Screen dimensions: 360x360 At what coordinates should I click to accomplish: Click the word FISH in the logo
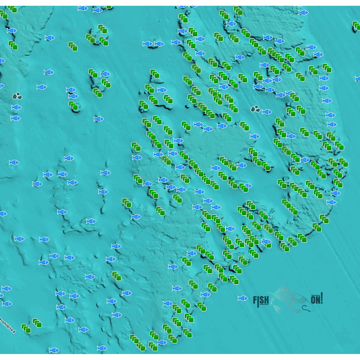click(x=261, y=300)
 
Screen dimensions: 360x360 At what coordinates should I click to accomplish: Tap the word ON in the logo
click(x=315, y=299)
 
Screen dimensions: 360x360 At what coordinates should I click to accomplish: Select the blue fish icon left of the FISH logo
click(x=243, y=298)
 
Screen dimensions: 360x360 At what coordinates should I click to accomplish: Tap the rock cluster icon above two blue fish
click(x=17, y=96)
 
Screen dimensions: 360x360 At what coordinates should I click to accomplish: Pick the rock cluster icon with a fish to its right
click(x=255, y=109)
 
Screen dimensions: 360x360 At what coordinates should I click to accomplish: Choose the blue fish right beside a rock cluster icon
click(x=267, y=112)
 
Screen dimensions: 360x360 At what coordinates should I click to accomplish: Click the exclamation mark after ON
click(x=322, y=298)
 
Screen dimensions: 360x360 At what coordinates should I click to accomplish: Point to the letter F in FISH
click(x=255, y=300)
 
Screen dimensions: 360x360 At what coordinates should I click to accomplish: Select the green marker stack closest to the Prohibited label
click(x=26, y=328)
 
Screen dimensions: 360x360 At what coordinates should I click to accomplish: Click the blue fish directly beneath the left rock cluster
click(x=16, y=107)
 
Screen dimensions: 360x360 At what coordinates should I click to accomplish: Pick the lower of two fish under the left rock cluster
click(x=16, y=118)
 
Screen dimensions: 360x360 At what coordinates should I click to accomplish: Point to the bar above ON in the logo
click(x=315, y=295)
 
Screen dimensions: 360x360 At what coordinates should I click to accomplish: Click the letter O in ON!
click(x=313, y=300)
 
